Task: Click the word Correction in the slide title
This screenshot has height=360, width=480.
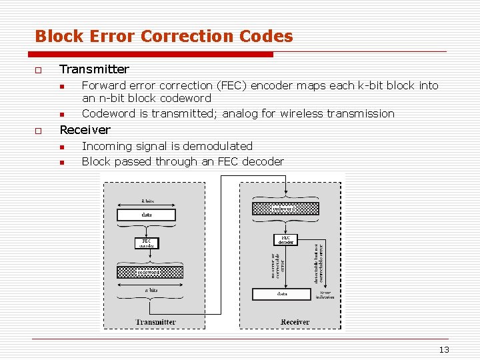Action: [x=166, y=36]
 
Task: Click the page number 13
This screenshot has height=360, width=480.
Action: [x=444, y=350]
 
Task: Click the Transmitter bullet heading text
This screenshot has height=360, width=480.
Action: [x=94, y=69]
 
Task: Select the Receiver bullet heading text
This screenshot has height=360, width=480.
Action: [x=85, y=129]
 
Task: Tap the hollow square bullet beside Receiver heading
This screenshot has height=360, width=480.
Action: [x=39, y=131]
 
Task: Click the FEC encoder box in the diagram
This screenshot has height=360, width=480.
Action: [x=146, y=243]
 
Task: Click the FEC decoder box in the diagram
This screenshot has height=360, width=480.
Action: [x=285, y=239]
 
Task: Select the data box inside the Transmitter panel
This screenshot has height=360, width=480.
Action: [x=147, y=215]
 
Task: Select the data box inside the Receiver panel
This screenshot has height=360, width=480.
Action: [x=282, y=294]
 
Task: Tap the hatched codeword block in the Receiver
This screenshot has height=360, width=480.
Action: [x=285, y=209]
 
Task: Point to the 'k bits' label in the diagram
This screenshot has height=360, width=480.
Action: [x=147, y=200]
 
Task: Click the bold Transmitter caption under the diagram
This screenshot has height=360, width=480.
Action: [x=155, y=322]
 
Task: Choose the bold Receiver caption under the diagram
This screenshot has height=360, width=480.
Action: [x=295, y=322]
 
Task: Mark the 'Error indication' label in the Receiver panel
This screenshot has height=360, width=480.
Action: [x=326, y=295]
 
